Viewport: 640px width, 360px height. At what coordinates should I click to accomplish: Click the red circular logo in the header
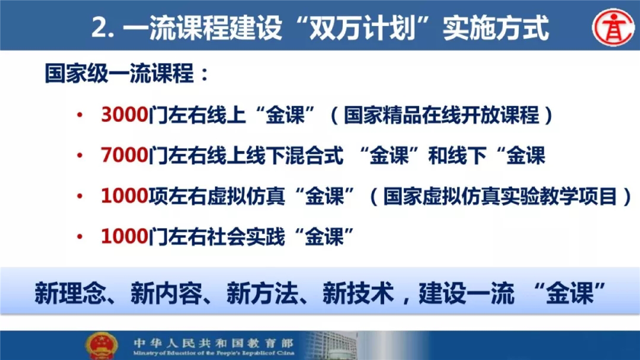point(613,28)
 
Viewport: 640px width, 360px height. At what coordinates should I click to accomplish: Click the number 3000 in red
point(125,115)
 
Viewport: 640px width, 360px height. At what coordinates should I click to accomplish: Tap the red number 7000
point(125,155)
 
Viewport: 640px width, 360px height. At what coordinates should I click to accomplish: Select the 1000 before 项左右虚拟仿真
point(125,196)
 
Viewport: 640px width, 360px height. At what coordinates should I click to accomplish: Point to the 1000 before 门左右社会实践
point(125,236)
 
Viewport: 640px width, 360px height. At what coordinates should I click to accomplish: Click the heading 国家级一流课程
point(120,74)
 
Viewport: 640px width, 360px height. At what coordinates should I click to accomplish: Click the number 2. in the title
point(103,28)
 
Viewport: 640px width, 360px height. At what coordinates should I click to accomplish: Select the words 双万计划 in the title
point(362,28)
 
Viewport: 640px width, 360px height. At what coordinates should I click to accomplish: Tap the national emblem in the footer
point(101,346)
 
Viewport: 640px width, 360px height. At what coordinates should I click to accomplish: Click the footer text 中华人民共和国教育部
point(214,343)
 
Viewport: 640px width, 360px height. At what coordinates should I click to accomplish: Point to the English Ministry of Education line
point(214,353)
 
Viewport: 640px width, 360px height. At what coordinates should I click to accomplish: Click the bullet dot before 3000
point(80,115)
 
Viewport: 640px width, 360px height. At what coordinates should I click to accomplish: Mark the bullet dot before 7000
point(80,156)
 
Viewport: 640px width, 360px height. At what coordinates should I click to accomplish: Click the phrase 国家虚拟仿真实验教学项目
point(500,196)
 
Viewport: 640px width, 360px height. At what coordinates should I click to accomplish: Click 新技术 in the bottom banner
point(358,293)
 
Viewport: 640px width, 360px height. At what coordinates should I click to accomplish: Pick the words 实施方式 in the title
point(496,28)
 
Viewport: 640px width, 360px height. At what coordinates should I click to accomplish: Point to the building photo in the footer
point(331,345)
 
